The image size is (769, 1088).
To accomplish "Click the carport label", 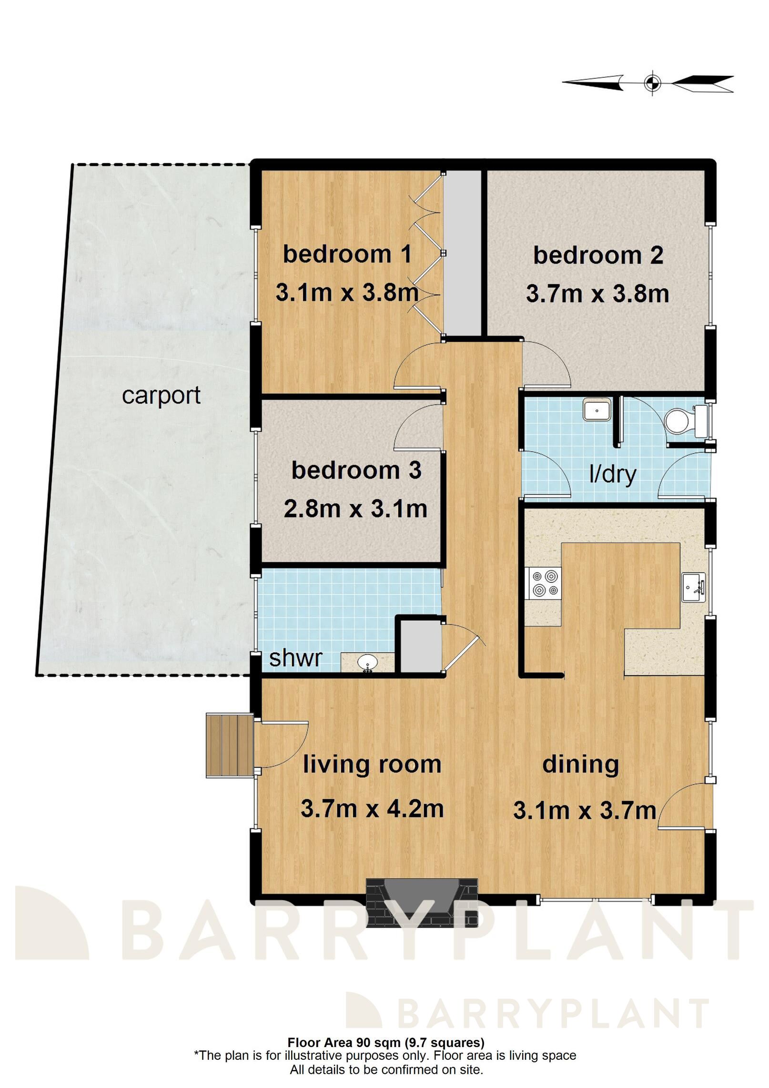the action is point(161,396).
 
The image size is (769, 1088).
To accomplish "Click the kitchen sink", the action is point(693,588).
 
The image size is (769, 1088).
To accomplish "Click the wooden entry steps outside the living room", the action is point(229,745).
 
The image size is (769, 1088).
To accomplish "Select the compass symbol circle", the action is point(652,83).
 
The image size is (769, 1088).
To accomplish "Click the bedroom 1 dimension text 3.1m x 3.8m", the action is point(347,292).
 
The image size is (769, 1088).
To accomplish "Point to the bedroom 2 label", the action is point(598,255).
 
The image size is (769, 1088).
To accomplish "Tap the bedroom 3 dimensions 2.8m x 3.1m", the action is point(355,509).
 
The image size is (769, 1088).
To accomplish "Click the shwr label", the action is point(295,658).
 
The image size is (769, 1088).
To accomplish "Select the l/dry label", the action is point(613,475).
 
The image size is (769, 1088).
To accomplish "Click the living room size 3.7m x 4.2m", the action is point(372,809).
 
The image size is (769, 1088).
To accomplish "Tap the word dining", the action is point(581,765).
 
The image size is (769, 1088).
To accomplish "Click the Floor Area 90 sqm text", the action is point(344,1042).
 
